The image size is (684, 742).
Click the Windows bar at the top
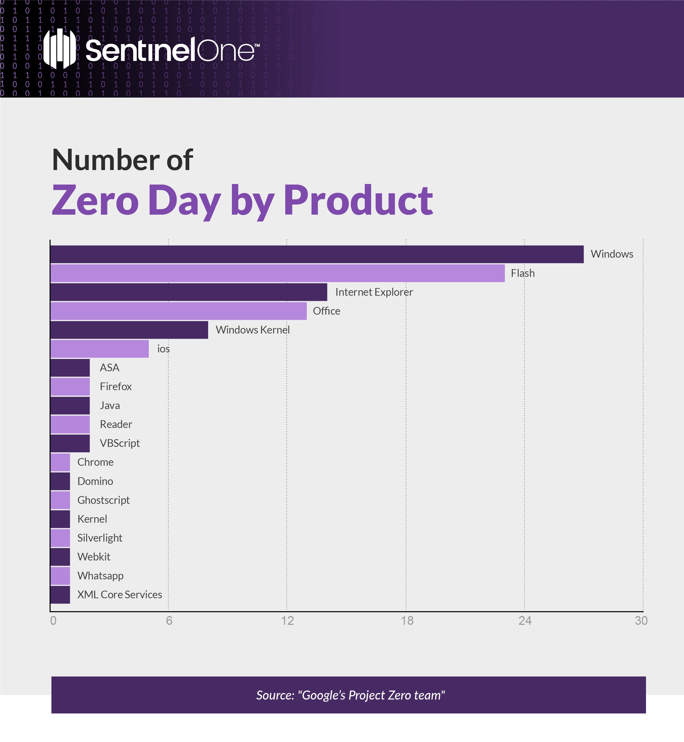click(x=317, y=254)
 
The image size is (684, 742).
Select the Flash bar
click(x=278, y=273)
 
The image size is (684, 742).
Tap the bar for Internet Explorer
click(x=189, y=292)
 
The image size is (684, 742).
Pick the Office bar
click(x=178, y=311)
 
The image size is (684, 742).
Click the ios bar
click(x=100, y=349)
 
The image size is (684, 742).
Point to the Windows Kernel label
click(x=253, y=330)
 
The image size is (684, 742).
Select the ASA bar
click(x=70, y=368)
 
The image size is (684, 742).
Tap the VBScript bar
click(x=70, y=443)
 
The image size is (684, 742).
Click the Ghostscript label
click(x=103, y=500)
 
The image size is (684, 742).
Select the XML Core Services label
click(x=120, y=594)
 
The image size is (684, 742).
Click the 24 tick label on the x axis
click(x=525, y=620)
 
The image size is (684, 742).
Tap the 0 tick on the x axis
click(x=53, y=620)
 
